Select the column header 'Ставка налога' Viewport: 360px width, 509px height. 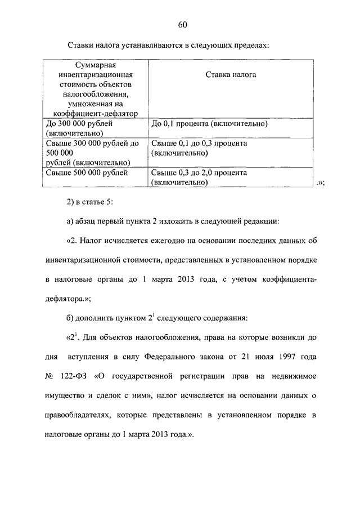[231, 74]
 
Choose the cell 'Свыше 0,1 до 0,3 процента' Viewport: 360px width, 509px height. [200, 148]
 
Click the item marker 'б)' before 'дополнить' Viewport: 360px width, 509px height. [70, 318]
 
